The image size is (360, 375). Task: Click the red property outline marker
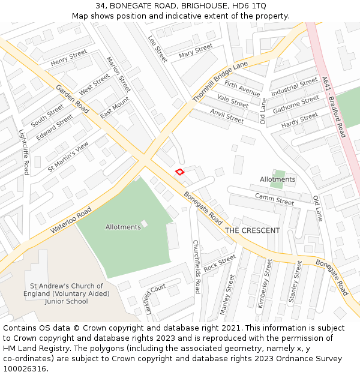tap(179, 172)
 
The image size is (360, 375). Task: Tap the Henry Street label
tap(69, 58)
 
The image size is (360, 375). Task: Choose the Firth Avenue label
tap(242, 89)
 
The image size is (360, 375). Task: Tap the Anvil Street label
tap(227, 116)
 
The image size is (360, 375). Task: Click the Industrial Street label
tap(294, 87)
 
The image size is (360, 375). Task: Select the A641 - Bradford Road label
tap(334, 106)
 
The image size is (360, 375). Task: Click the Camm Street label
tap(274, 199)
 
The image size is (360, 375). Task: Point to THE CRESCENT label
tap(252, 230)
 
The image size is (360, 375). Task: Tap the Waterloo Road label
tap(71, 220)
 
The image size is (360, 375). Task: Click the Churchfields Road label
tap(196, 266)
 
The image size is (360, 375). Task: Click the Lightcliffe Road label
tap(24, 152)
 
